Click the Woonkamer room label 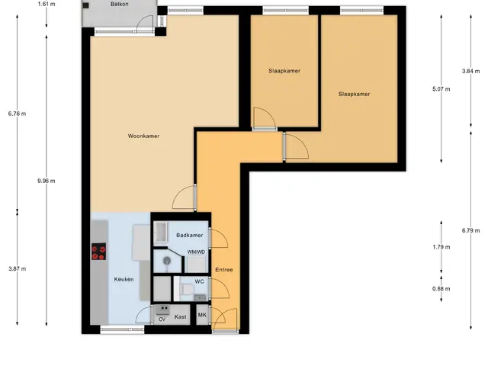tap(143, 136)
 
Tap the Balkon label tap(119, 5)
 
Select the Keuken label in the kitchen tap(124, 279)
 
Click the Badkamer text tap(190, 236)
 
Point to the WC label tap(199, 281)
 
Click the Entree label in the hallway tap(224, 270)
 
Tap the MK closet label tap(202, 315)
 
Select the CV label tap(162, 319)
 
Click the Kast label tap(180, 317)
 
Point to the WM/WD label tap(196, 252)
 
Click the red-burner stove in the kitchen tap(98, 252)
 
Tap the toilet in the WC tap(188, 290)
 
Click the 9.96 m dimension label tap(47, 181)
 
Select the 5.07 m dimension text tap(441, 89)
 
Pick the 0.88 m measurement tap(441, 289)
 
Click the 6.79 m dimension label tap(471, 230)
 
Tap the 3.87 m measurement tap(18, 269)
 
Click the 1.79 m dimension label tap(441, 247)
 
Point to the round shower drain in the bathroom tap(167, 260)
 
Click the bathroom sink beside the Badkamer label tap(161, 232)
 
